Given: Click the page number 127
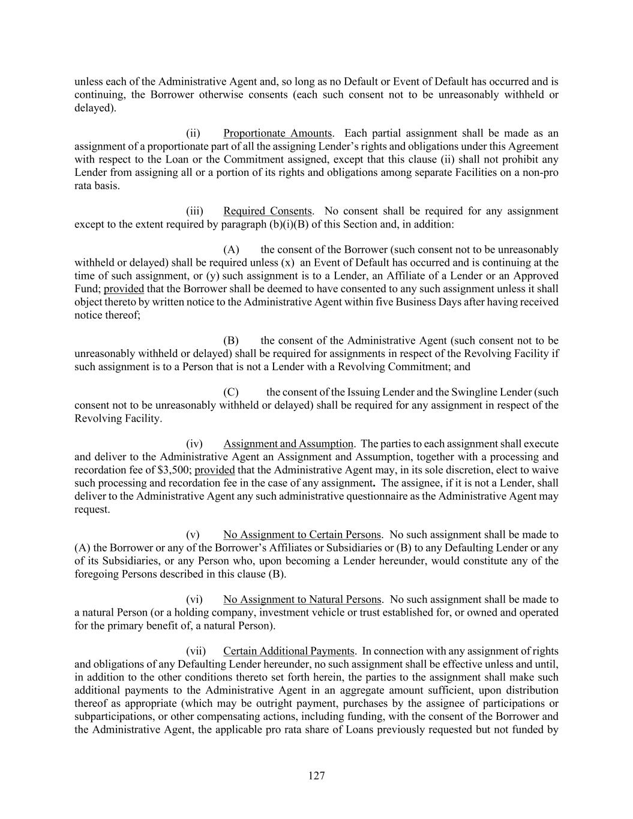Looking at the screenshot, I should coord(316,776).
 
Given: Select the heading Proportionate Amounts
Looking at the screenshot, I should coord(277,133).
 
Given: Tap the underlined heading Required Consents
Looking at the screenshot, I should coord(268,211).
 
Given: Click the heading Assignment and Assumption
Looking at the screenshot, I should coord(288,444).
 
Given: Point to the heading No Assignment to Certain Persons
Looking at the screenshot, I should coord(302,535).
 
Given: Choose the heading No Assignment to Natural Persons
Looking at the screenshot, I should coord(302,599).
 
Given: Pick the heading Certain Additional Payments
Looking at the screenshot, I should coord(289,651).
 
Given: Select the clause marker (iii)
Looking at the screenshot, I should coord(194,211).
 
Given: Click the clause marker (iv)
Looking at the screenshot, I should coord(194,444).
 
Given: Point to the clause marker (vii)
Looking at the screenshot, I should coord(196,651).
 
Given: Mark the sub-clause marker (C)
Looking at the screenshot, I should coord(231,392).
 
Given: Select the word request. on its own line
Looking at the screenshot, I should coord(92,509).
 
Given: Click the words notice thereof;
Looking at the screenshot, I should coord(107,315).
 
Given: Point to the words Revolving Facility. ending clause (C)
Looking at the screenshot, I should coord(118,418).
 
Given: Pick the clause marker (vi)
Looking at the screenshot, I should coord(194,599).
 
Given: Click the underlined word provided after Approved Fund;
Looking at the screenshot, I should coord(124,289).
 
